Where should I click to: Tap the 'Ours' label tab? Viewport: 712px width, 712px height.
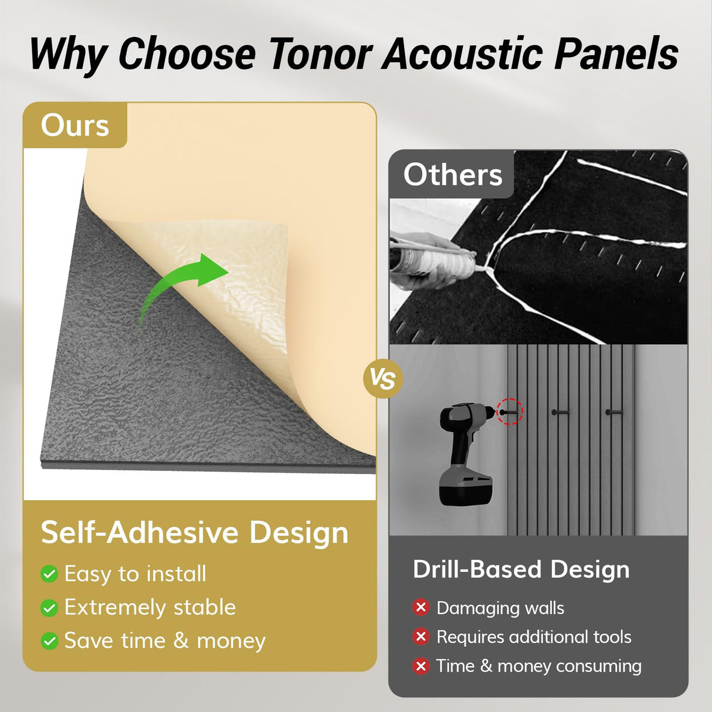(75, 126)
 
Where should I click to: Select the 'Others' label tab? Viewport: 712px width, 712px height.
(452, 175)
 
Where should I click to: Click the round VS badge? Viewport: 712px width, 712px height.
(383, 379)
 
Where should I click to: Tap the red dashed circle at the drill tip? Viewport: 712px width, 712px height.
(509, 412)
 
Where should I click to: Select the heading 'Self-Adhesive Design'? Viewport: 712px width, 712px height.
(194, 533)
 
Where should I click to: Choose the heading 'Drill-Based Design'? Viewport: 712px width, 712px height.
(521, 569)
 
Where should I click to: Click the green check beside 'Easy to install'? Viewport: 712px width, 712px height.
(49, 574)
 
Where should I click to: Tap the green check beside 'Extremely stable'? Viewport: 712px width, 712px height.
(49, 608)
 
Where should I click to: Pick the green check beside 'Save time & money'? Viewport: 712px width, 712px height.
(49, 641)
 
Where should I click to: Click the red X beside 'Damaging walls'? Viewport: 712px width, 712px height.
(421, 608)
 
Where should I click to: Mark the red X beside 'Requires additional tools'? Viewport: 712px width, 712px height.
(421, 636)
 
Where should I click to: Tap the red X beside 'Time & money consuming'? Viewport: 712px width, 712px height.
(421, 666)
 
